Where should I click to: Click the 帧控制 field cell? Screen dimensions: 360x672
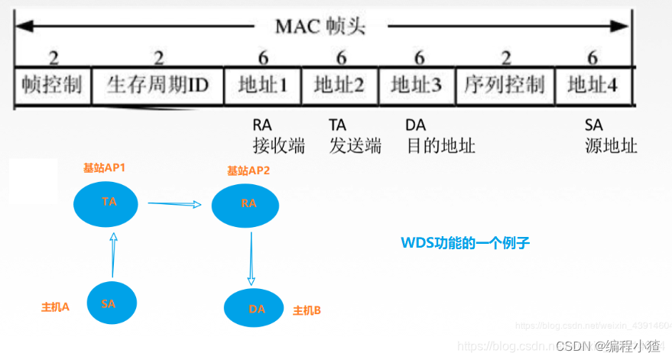52,85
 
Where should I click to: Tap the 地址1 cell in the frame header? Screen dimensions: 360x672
262,85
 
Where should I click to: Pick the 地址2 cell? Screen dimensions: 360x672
339,85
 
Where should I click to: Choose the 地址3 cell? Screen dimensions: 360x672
416,85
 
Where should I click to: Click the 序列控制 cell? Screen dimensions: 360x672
504,85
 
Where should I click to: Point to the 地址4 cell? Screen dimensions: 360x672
592,85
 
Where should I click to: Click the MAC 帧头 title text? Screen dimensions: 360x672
320,28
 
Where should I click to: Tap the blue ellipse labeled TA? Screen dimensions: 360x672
108,202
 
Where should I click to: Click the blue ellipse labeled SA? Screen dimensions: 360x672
109,303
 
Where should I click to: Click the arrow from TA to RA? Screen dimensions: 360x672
174,204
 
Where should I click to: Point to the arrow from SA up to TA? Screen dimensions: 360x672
113,255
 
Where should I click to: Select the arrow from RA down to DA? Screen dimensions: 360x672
252,258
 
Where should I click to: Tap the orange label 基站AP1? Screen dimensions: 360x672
104,167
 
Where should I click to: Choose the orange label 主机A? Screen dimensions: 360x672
56,306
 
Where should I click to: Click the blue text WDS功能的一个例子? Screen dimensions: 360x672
466,243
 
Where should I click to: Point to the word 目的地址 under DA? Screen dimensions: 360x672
440,145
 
